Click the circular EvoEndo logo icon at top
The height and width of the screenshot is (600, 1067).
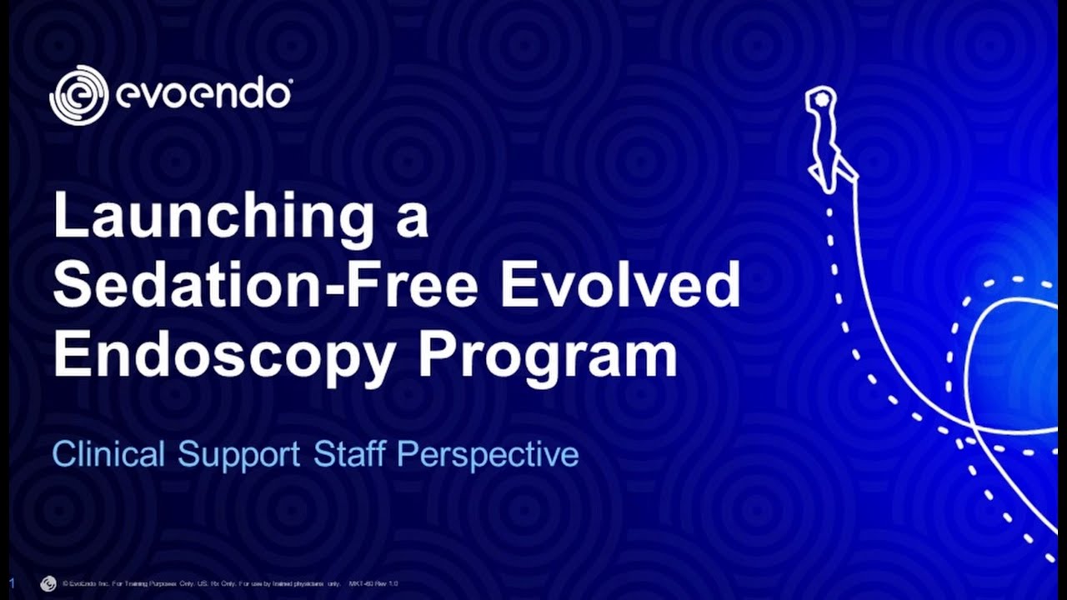79,95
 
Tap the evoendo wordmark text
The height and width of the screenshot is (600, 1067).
203,94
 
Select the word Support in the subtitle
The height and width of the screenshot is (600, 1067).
238,455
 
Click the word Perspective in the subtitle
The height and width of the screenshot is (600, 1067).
488,455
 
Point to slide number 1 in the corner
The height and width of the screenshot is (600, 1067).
13,582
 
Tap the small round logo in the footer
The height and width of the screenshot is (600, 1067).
48,583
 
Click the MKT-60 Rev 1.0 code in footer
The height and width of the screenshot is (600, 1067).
373,584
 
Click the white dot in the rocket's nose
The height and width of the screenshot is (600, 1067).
822,99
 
